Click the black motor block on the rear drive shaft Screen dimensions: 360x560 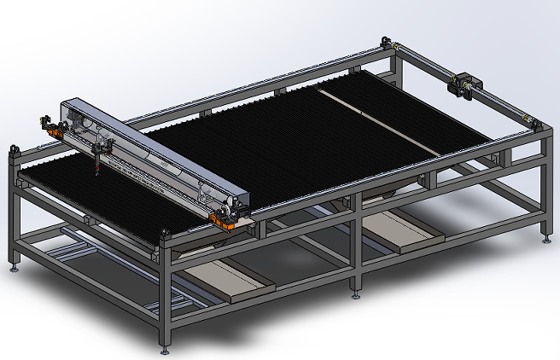click(x=468, y=83)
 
